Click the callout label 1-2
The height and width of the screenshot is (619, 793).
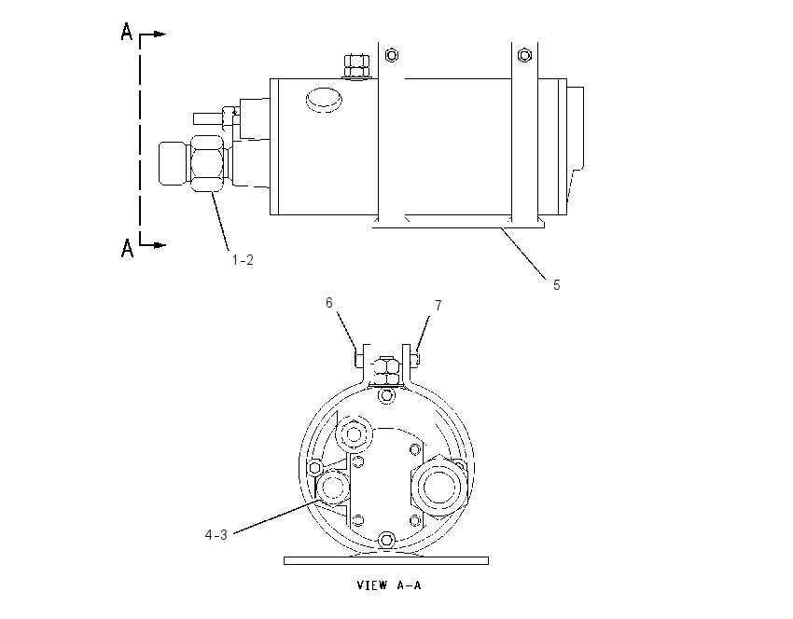pyautogui.click(x=243, y=260)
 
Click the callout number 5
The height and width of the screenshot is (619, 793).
pyautogui.click(x=556, y=285)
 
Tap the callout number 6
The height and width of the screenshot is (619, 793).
pyautogui.click(x=328, y=303)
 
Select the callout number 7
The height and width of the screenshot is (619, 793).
pyautogui.click(x=438, y=305)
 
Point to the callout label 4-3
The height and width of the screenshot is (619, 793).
pyautogui.click(x=216, y=534)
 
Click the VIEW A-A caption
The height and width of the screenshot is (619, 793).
pyautogui.click(x=388, y=585)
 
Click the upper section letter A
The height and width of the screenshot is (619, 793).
pyautogui.click(x=127, y=32)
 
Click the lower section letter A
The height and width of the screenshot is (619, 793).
pyautogui.click(x=127, y=248)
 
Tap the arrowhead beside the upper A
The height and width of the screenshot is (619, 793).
pyautogui.click(x=160, y=34)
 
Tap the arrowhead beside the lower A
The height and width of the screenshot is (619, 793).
pyautogui.click(x=160, y=245)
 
